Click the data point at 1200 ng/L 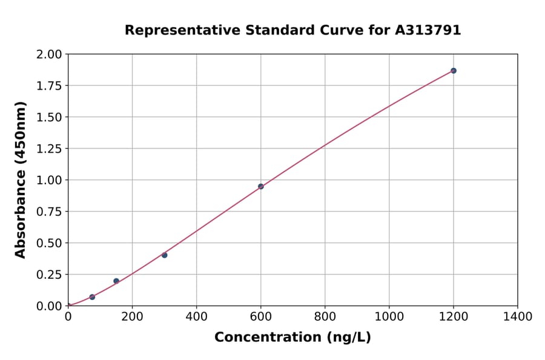coord(453,71)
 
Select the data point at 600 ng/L coord(260,187)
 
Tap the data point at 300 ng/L coord(164,255)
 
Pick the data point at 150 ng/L coord(116,281)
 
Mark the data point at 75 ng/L coord(92,297)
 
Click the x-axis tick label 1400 coord(517,316)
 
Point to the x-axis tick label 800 coord(325,316)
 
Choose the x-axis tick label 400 coord(196,316)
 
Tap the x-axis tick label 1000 coord(389,316)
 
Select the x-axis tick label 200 coord(132,316)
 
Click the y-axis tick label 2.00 coord(49,55)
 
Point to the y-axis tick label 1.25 coord(49,148)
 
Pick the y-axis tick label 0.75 coord(49,212)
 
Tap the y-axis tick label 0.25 coord(49,275)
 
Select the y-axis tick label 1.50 coord(49,117)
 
